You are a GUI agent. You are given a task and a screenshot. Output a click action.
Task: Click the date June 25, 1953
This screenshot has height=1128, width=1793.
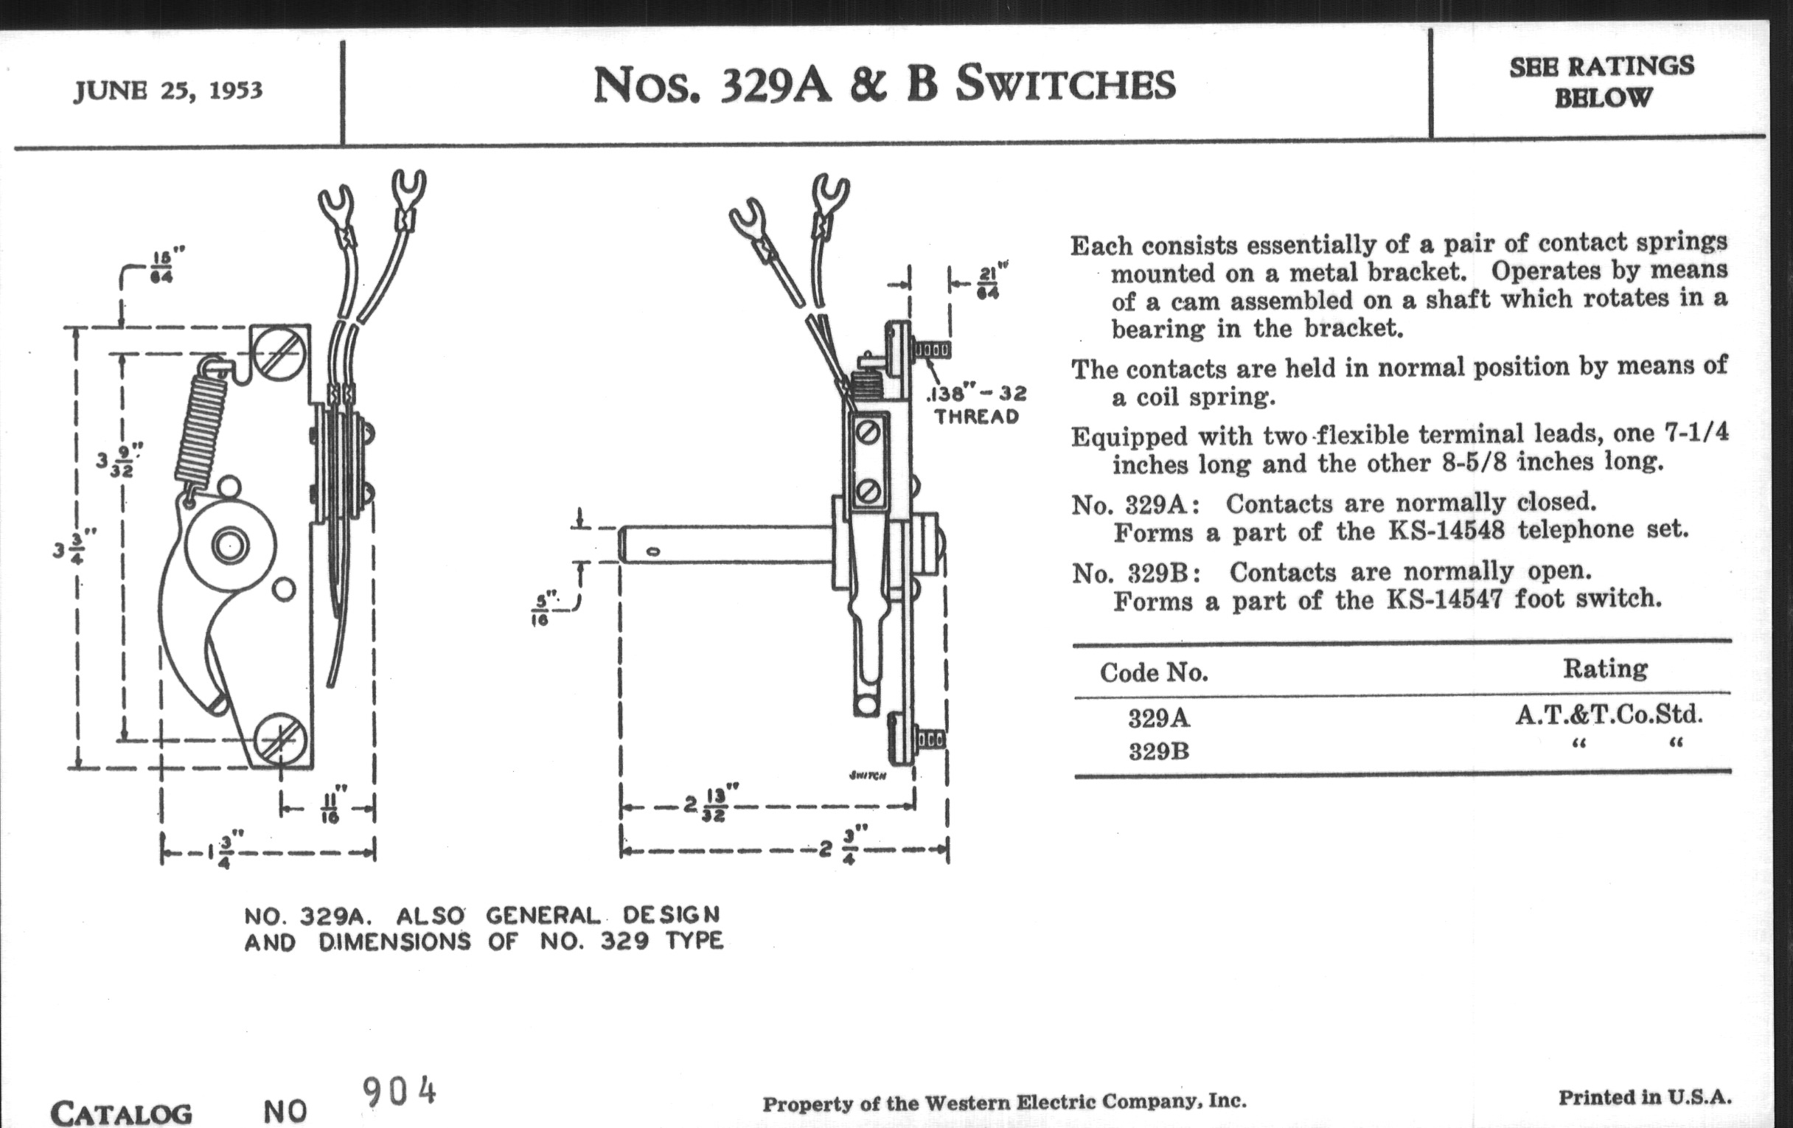168,91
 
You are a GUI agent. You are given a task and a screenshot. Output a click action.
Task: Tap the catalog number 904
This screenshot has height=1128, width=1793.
399,1093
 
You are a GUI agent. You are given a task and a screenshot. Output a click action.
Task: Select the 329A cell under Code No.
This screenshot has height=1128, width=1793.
1159,719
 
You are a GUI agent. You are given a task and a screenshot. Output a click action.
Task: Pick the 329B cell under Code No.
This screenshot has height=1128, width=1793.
1159,752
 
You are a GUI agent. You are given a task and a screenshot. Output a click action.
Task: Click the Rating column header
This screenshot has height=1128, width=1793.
1604,669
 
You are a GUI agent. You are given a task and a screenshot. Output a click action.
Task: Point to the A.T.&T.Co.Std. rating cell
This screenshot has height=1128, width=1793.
1609,716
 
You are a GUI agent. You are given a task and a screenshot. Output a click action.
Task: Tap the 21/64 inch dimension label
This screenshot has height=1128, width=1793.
987,282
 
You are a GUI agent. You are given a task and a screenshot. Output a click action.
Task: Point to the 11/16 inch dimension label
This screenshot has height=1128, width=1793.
330,807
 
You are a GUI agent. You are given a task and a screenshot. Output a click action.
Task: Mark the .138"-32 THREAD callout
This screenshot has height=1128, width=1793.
976,404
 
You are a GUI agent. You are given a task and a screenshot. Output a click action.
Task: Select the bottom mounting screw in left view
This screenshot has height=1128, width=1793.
280,741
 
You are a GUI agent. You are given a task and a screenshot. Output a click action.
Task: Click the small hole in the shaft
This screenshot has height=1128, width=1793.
653,551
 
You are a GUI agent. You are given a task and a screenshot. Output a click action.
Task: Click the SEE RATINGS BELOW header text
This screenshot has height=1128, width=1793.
1601,81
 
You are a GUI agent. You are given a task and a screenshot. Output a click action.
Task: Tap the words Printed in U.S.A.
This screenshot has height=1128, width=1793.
1645,1098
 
